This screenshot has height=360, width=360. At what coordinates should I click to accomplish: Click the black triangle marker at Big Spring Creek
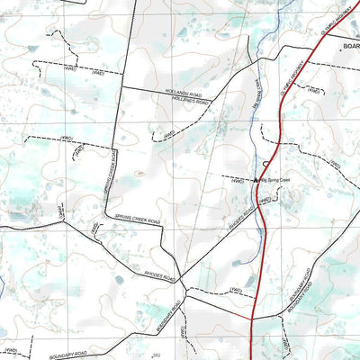click(256, 180)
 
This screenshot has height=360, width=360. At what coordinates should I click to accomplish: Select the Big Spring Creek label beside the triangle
click(277, 180)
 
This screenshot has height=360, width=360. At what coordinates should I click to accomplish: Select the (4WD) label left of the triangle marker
click(237, 181)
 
